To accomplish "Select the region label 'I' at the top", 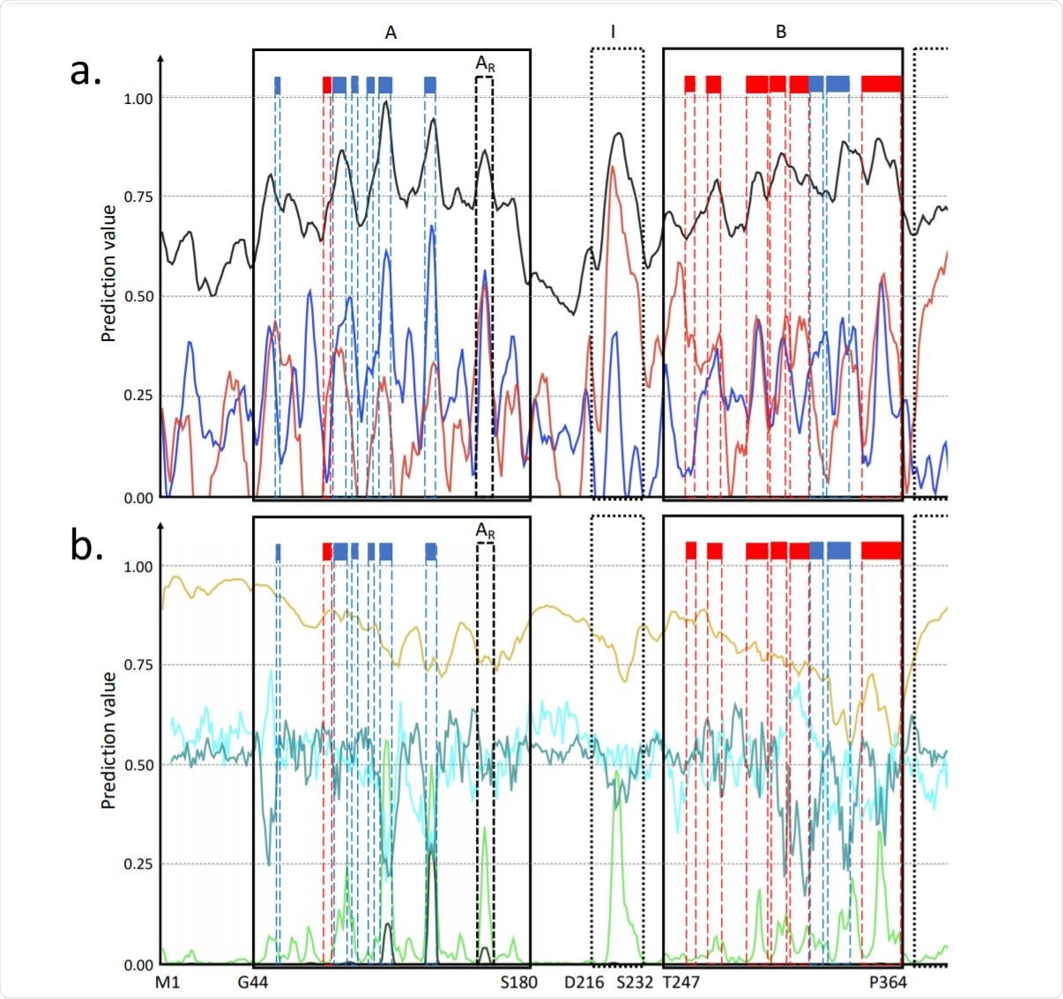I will (613, 33).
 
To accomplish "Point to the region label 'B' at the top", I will (781, 33).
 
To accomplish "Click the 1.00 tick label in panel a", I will (138, 99).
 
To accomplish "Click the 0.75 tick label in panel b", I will (138, 665).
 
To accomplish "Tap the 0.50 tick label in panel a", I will (138, 296).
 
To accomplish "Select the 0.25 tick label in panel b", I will (138, 864).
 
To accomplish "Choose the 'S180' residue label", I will (518, 981).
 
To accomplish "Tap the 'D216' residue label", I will (584, 981).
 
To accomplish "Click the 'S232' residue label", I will (635, 981).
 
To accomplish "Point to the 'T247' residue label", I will (681, 981).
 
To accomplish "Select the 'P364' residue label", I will (888, 981).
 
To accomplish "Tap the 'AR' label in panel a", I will (485, 64).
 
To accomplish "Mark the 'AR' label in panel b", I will (485, 531).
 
